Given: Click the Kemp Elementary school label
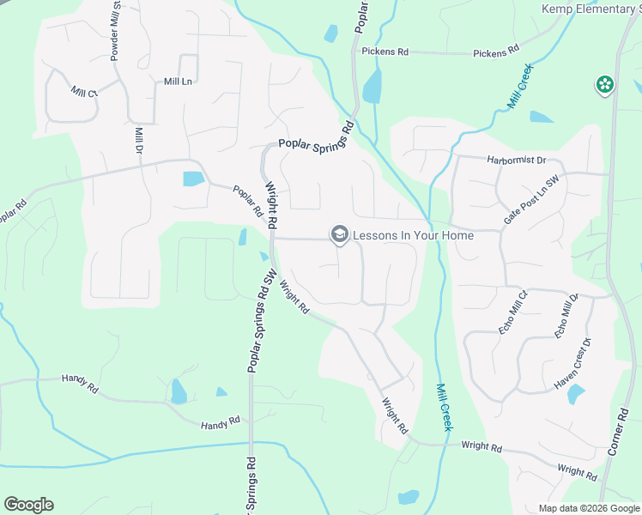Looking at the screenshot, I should pyautogui.click(x=591, y=9).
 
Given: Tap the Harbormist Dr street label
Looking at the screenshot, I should pyautogui.click(x=516, y=160).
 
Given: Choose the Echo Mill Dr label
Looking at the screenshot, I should pyautogui.click(x=567, y=314).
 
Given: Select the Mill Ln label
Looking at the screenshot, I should pyautogui.click(x=177, y=82).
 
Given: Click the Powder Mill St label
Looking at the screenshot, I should pyautogui.click(x=115, y=32).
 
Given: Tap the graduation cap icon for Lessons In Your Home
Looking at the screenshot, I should pyautogui.click(x=339, y=234).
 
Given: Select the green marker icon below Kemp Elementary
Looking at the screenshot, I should pyautogui.click(x=605, y=84).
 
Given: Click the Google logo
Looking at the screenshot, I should pyautogui.click(x=28, y=505).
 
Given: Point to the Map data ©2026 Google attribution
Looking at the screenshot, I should pyautogui.click(x=588, y=508).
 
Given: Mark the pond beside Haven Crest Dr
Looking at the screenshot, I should pyautogui.click(x=575, y=394).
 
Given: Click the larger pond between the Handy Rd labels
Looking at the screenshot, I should pyautogui.click(x=179, y=391).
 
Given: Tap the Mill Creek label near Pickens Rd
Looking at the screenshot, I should pyautogui.click(x=519, y=86).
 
